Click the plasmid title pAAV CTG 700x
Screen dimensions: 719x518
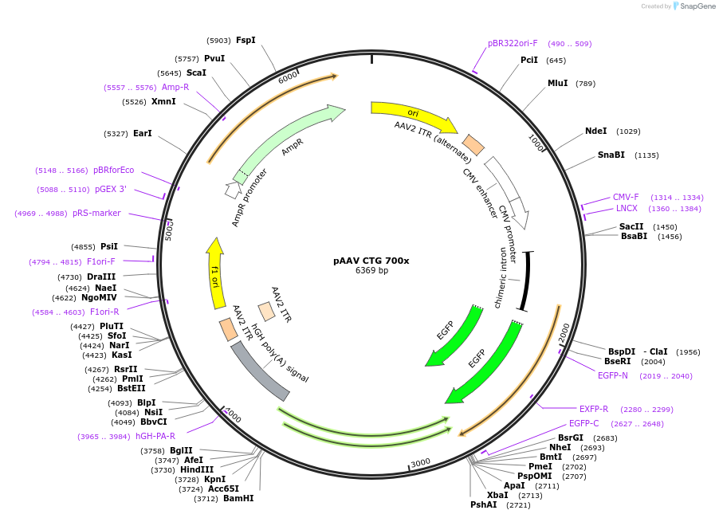[x=371, y=261]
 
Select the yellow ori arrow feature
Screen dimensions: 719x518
[x=414, y=115]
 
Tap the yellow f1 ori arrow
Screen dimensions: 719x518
[x=215, y=273]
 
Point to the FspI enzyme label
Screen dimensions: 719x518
[x=246, y=40]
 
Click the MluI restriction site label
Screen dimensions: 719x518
[x=558, y=83]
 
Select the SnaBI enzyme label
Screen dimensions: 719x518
[x=611, y=155]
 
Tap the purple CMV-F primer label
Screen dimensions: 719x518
[x=626, y=197]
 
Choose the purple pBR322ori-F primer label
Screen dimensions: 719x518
[x=513, y=43]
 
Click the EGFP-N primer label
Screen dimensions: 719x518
[x=613, y=375]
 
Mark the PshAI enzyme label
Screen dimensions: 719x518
[x=483, y=504]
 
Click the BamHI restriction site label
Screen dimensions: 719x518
[x=238, y=498]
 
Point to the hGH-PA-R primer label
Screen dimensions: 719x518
[x=155, y=436]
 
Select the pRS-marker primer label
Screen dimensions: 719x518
[x=96, y=213]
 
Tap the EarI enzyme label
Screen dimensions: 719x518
[x=142, y=133]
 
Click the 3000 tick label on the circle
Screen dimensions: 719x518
[x=421, y=463]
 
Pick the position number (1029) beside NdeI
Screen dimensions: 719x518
[x=628, y=131]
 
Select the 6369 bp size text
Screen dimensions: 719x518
[x=371, y=270]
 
